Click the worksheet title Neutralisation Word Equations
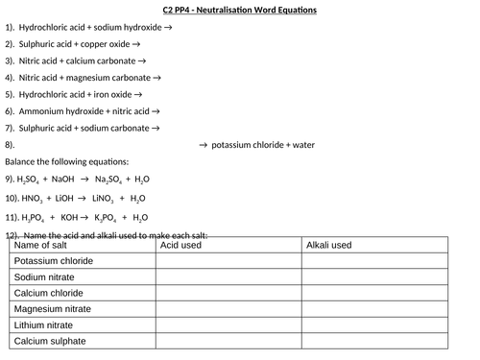[x=239, y=12]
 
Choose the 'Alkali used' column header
[x=328, y=246]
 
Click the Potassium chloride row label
[x=53, y=261]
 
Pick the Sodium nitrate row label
[x=46, y=277]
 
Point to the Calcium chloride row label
[x=49, y=293]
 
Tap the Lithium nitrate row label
[x=46, y=325]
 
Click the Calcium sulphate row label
[x=50, y=341]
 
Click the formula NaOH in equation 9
[x=65, y=180]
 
